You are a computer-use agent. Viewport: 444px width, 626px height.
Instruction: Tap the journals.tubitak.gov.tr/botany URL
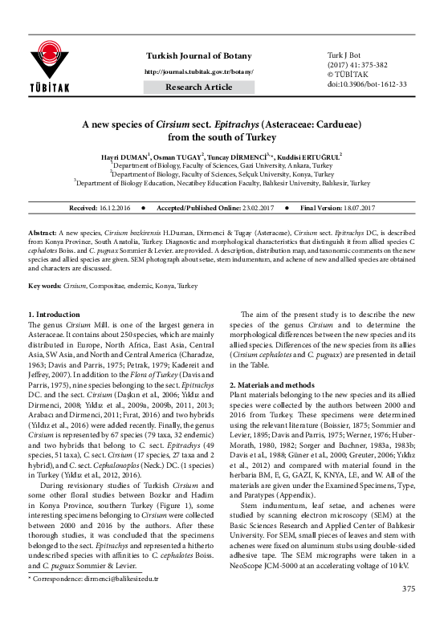pos(198,71)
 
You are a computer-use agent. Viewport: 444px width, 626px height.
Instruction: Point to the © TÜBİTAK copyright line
pos(337,72)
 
